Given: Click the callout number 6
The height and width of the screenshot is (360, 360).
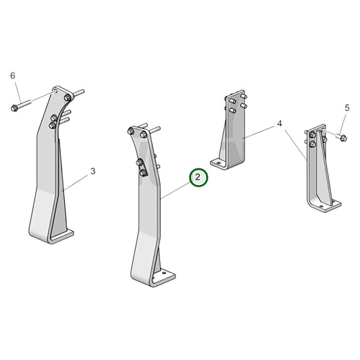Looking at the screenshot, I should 12,75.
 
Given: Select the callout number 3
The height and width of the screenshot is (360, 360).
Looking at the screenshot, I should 93,171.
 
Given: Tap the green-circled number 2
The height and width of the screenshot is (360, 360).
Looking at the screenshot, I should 198,178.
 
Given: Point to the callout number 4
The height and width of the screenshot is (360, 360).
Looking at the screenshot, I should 279,125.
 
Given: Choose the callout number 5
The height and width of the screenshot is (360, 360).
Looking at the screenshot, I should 347,107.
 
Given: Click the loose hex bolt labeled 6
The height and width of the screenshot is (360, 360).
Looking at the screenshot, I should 22,106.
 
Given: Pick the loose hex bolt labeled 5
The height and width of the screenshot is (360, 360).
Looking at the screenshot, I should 340,138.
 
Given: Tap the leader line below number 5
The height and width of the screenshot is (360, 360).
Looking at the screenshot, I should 344,124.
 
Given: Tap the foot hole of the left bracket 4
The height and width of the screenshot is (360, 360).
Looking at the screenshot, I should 217,162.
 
